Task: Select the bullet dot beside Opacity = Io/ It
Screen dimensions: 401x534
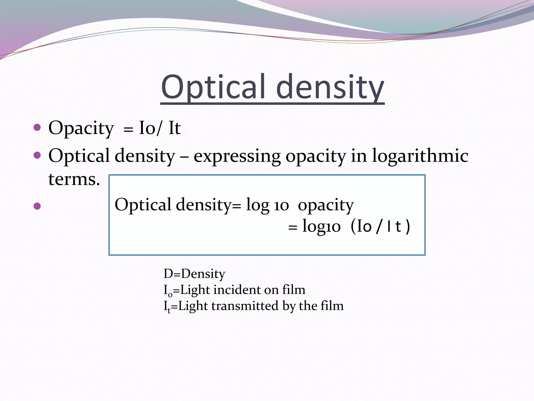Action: coord(37,127)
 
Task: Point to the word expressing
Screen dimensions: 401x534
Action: coord(237,156)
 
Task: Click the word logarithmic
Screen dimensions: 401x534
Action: coord(420,156)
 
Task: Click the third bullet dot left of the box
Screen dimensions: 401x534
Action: coord(37,206)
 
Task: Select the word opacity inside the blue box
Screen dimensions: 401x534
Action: coord(326,205)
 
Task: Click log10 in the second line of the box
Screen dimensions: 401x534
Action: coord(321,226)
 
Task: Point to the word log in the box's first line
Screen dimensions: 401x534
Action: coord(258,205)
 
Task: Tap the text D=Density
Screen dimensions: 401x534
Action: coord(194,274)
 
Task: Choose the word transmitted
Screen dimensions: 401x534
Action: coord(245,306)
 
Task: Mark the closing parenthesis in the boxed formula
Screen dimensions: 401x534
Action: coord(408,226)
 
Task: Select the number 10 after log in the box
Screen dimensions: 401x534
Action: coord(281,206)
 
